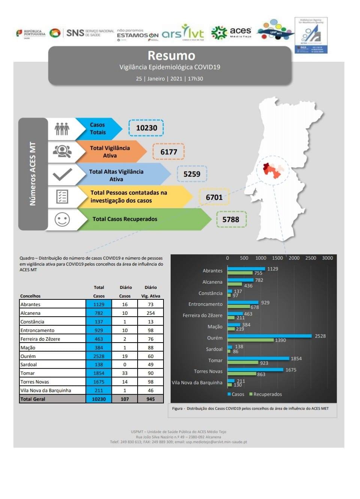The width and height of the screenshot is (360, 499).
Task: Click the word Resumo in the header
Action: pos(171,56)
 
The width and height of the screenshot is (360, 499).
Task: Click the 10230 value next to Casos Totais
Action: pos(146,128)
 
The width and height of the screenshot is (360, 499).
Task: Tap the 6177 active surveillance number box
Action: pos(168,152)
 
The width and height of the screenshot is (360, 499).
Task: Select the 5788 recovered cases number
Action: pos(231,219)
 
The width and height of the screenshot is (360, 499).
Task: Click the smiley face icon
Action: pos(62,219)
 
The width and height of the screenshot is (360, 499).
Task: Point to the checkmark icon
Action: pos(62,174)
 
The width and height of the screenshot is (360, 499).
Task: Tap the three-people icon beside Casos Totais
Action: pos(62,129)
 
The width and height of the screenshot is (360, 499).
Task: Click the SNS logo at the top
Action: pos(75,33)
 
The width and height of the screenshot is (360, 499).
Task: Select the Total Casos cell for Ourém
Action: pos(99,356)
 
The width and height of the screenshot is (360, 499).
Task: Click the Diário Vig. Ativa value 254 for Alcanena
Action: pos(150,313)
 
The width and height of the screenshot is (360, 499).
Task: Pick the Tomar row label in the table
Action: pos(28,373)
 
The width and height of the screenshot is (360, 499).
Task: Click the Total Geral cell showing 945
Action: pos(150,399)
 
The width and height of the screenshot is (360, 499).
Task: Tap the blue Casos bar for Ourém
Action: pos(269,336)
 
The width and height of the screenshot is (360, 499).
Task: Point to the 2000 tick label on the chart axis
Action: pos(294,258)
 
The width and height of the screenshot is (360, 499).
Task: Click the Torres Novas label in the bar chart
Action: pos(208,371)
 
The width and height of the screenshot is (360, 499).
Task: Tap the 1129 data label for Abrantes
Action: pos(273,269)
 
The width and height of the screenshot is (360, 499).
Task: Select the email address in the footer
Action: pos(216,442)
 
